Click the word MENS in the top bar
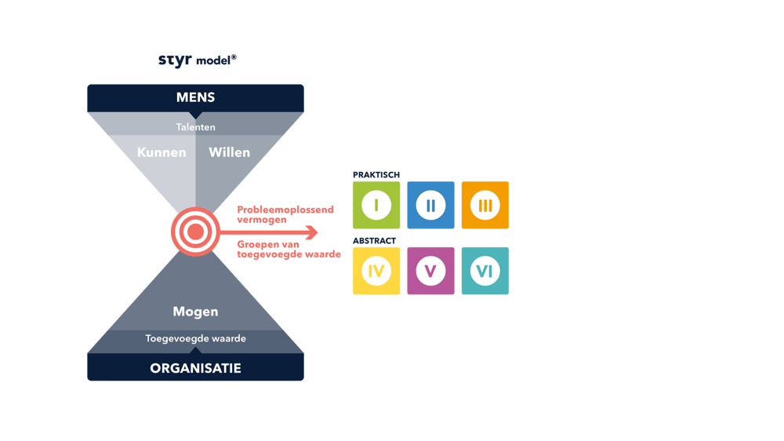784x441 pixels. (196, 98)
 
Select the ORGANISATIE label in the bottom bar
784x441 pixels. (196, 368)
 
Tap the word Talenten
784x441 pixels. (196, 127)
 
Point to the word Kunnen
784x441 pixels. (162, 152)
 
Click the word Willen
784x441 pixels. (229, 152)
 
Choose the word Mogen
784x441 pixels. (196, 312)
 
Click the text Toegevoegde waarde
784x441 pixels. (196, 339)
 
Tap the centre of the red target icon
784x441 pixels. (195, 231)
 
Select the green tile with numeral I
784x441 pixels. (376, 206)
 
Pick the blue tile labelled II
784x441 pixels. (430, 206)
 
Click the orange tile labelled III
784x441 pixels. (485, 206)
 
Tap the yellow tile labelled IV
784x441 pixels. (376, 272)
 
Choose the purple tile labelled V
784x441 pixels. (430, 272)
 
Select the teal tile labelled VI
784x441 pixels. (485, 272)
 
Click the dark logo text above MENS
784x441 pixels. (196, 60)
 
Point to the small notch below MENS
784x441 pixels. (196, 115)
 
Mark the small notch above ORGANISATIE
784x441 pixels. (196, 350)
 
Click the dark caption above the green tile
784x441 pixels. (376, 174)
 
